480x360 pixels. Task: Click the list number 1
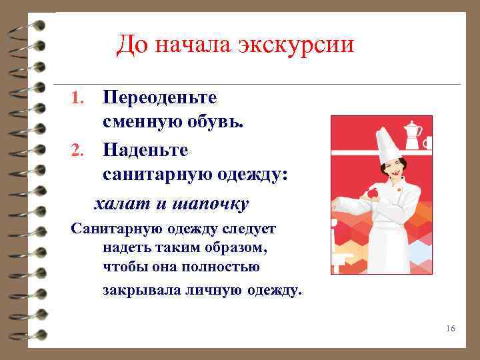pos(77,99)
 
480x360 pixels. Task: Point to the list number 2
pos(77,151)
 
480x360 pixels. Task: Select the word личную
pos(211,290)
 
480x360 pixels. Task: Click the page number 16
pos(450,329)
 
